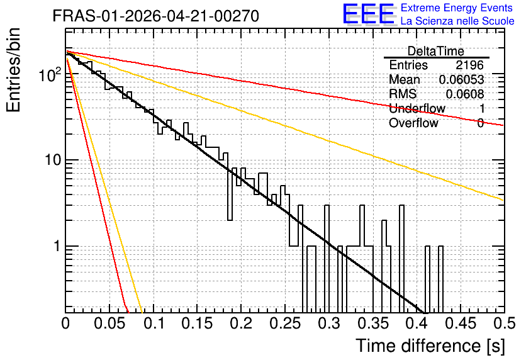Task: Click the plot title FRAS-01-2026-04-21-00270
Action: (155, 16)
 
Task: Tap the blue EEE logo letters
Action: (369, 14)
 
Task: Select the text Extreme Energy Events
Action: (457, 8)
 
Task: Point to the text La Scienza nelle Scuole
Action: (457, 21)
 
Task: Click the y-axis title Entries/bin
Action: (13, 70)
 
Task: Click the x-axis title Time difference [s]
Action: (430, 346)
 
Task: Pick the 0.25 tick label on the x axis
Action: (285, 323)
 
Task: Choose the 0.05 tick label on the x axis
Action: (109, 323)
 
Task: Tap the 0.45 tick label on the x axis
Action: (461, 323)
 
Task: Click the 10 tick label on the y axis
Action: (53, 160)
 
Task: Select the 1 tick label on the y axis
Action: (57, 246)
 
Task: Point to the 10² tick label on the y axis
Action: (50, 74)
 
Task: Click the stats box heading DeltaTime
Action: (436, 52)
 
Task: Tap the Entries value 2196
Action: (469, 65)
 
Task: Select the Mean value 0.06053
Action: (461, 79)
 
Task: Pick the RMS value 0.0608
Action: (464, 94)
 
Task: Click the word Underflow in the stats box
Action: (417, 108)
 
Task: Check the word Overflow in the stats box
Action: (413, 123)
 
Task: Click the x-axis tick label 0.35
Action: (373, 323)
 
